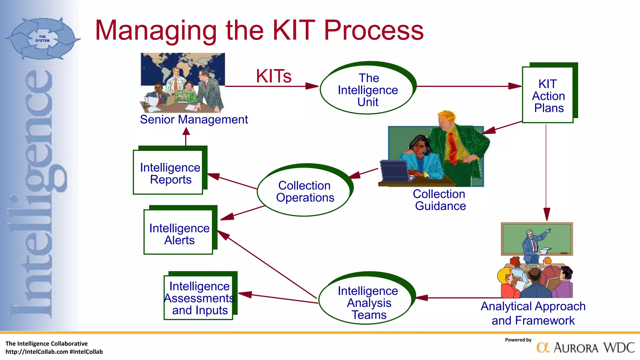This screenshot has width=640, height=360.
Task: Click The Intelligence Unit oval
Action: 367,90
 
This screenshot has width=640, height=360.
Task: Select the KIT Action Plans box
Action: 548,95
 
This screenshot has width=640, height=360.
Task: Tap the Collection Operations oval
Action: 304,191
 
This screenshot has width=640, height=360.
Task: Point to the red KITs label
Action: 273,76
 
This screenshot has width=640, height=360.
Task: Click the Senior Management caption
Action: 194,120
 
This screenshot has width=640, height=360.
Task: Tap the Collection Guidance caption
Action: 439,200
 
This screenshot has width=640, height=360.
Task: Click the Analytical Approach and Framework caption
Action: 533,313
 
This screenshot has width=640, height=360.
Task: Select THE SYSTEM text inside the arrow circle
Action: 42,39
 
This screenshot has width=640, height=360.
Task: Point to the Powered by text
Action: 518,340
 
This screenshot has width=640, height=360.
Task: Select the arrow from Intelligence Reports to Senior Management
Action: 186,139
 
